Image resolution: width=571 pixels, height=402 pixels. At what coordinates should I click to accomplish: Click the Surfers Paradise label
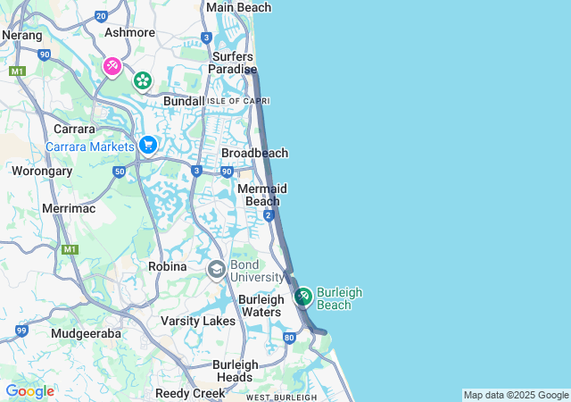(x=233, y=63)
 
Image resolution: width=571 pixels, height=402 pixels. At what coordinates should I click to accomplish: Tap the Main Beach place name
(x=238, y=8)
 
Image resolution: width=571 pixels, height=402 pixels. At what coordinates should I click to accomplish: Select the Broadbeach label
(x=254, y=153)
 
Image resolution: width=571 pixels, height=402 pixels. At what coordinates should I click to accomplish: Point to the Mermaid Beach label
(x=262, y=195)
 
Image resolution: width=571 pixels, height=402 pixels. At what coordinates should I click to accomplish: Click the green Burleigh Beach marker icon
(x=302, y=296)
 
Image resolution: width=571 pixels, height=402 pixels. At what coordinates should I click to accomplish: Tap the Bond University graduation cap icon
(x=216, y=269)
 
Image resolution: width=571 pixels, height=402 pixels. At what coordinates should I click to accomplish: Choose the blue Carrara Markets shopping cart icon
(x=148, y=145)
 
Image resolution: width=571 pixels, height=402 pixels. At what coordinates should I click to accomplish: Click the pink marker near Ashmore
(x=112, y=66)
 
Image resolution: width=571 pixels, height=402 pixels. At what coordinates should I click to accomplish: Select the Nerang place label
(x=22, y=36)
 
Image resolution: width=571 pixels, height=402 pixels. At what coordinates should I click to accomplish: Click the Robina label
(x=168, y=266)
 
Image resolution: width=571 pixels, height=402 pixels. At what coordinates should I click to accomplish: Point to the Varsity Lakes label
(x=197, y=321)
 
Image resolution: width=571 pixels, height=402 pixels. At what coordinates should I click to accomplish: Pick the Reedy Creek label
(x=190, y=393)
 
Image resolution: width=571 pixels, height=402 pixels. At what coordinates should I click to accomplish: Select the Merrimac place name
(x=68, y=208)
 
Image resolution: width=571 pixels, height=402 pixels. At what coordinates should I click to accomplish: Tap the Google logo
(x=29, y=391)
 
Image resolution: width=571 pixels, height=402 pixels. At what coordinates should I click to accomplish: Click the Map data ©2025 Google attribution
(x=516, y=395)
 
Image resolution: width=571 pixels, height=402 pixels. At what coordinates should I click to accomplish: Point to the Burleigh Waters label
(x=261, y=306)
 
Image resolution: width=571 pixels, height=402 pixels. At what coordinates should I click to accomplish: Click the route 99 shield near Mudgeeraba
(x=21, y=331)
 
